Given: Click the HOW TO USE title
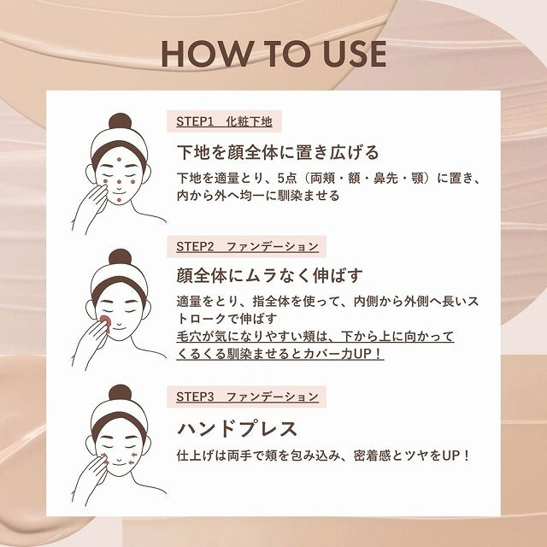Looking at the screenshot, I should (273, 53).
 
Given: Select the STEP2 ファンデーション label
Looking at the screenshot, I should (247, 246).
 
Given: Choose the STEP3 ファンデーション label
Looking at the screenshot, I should (247, 397).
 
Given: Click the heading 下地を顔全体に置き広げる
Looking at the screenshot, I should (277, 152).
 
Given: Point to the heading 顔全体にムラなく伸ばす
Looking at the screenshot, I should (269, 275).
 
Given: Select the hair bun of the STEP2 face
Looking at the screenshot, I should (121, 256).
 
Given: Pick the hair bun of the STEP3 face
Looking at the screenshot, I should (121, 393).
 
